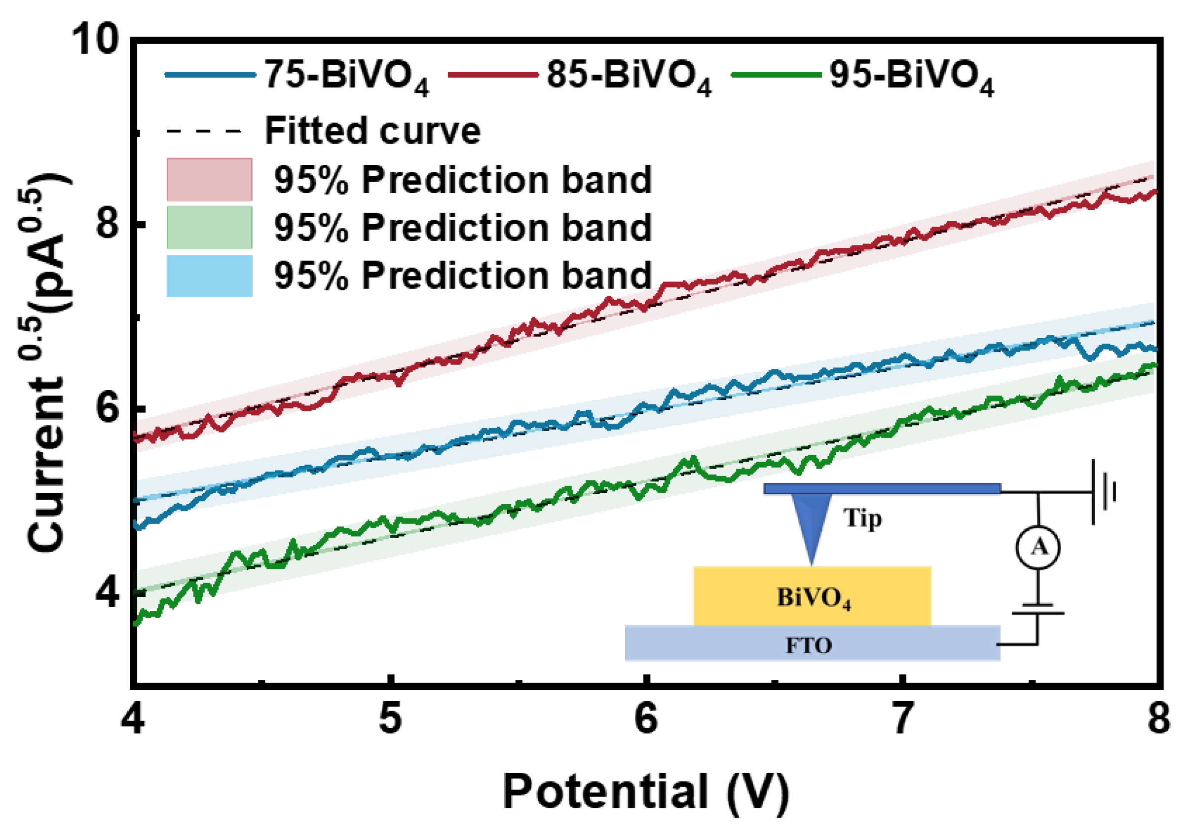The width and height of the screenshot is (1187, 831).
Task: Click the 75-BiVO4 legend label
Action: point(346,76)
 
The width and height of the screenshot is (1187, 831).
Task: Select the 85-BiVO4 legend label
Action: point(629,76)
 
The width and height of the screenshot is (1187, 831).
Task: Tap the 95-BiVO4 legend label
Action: point(911,76)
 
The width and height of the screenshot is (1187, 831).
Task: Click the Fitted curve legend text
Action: point(372,130)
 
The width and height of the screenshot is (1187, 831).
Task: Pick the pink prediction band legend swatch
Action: point(209,180)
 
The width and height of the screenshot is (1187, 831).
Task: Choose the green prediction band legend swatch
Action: point(209,228)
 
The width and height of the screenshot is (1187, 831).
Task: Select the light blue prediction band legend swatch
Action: point(209,276)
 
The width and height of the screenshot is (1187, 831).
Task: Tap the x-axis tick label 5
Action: point(390,719)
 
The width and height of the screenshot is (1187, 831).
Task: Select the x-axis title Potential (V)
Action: point(646,791)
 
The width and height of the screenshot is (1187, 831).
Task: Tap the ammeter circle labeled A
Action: point(1038,548)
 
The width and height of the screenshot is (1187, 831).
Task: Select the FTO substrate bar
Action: point(812,643)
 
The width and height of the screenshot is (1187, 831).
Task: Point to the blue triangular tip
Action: point(811,522)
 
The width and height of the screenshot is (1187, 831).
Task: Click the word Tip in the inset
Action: point(862,518)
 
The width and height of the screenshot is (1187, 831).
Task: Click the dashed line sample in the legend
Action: point(204,131)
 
